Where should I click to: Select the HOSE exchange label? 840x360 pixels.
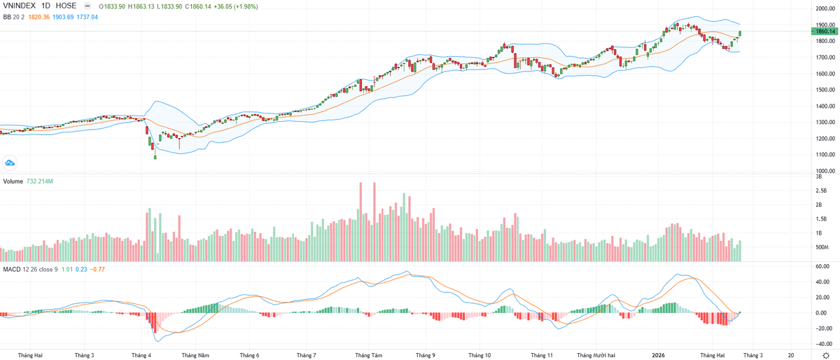pyautogui.click(x=66, y=6)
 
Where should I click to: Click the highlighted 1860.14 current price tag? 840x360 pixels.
pyautogui.click(x=825, y=31)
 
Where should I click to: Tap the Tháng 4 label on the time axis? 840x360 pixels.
pyautogui.click(x=141, y=355)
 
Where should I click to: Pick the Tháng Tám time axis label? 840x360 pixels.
pyautogui.click(x=369, y=355)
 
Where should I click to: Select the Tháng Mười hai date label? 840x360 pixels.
pyautogui.click(x=596, y=355)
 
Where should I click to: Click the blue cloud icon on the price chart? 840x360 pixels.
pyautogui.click(x=10, y=163)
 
